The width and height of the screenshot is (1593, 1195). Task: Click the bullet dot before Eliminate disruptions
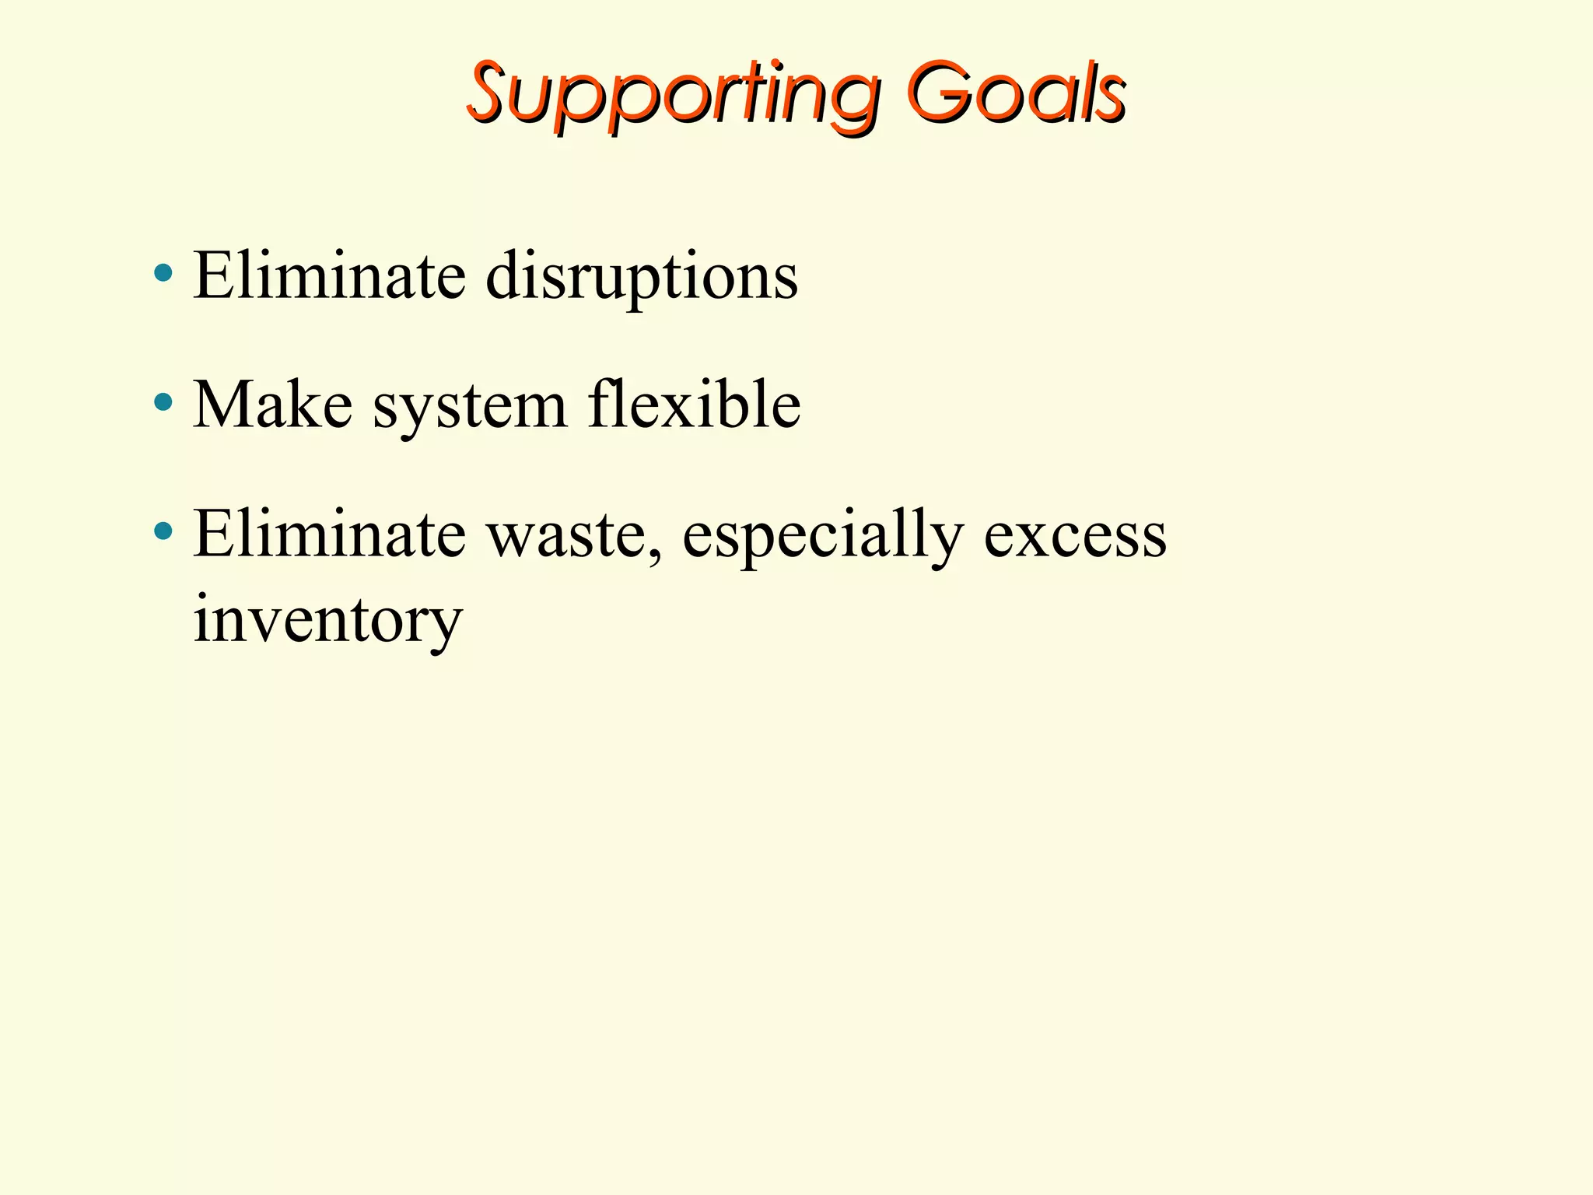point(163,273)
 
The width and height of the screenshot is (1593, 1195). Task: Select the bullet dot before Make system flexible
point(163,402)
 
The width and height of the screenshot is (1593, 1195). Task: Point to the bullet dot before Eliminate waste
point(163,532)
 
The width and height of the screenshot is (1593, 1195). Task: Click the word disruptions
point(642,276)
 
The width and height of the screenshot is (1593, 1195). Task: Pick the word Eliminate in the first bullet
point(329,276)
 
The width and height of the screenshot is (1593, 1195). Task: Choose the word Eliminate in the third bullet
point(329,535)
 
